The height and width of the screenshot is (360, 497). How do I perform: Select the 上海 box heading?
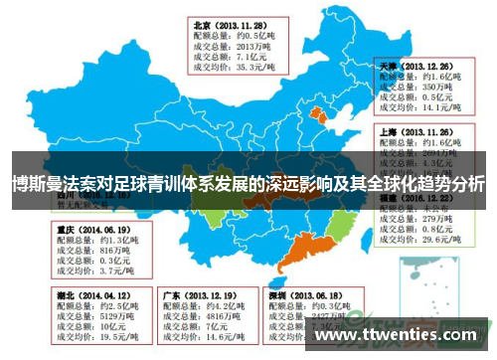coord(391,130)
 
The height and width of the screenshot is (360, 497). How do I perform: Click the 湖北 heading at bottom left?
coord(65,295)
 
